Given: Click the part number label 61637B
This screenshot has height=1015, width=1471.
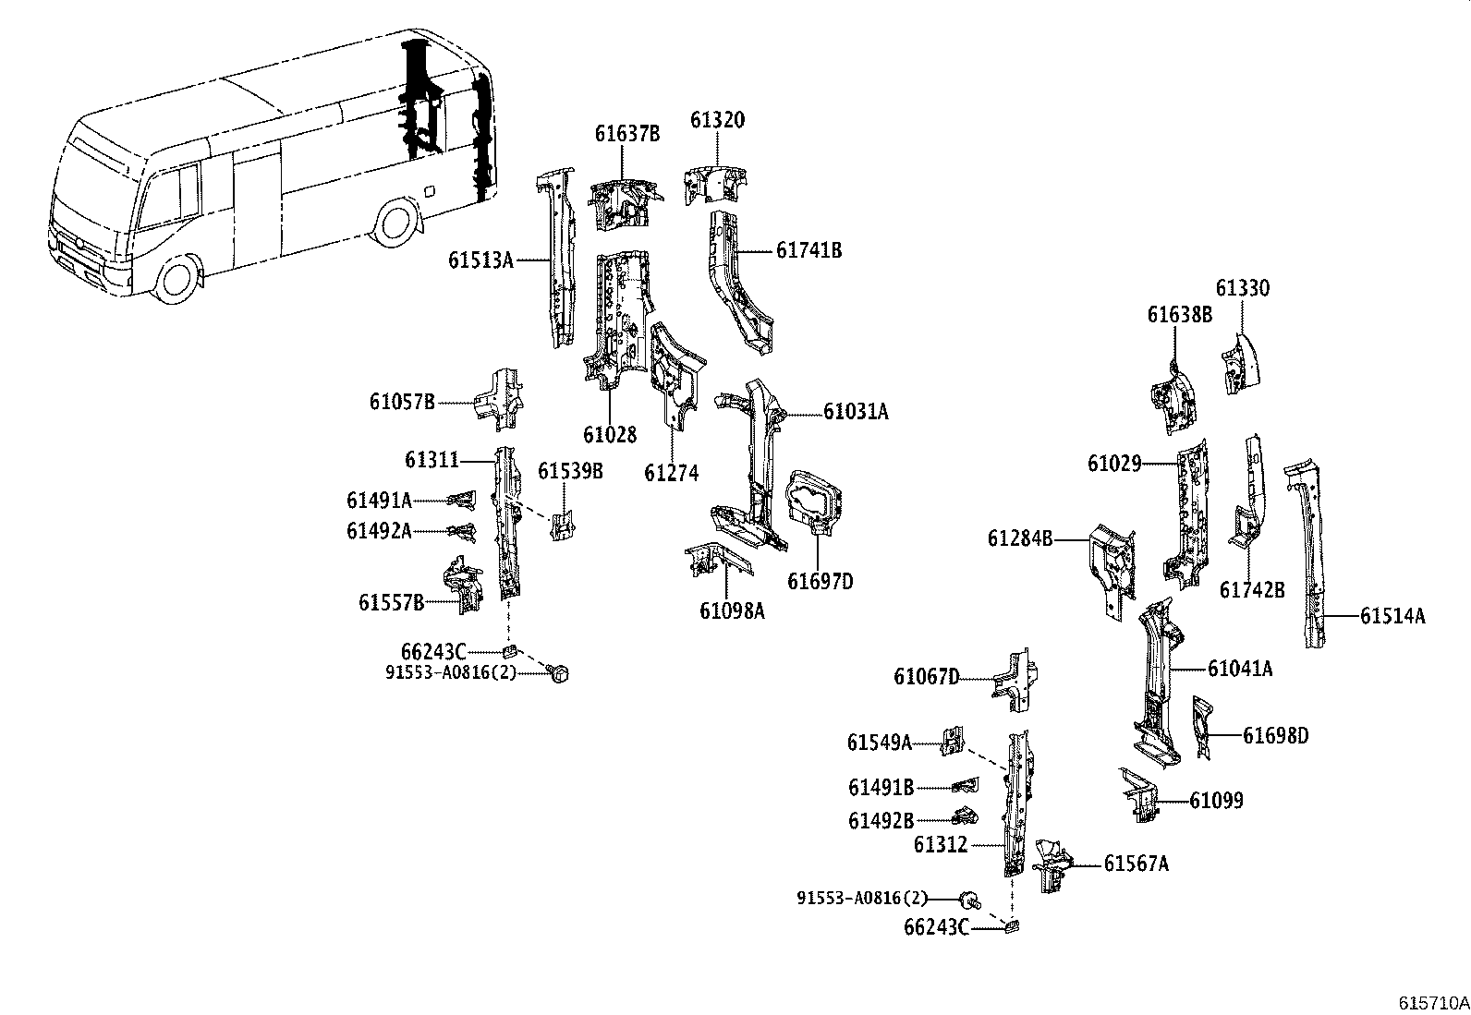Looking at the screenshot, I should (626, 133).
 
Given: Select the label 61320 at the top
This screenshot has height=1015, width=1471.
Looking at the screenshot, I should (717, 120).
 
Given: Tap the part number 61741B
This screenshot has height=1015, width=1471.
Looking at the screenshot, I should (808, 250).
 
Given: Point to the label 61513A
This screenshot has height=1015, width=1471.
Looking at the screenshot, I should (480, 260).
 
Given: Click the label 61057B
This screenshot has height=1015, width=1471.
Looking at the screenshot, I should (402, 402).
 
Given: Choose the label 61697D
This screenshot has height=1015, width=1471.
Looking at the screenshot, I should (820, 581).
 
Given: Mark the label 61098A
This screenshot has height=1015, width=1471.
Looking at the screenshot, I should (732, 610).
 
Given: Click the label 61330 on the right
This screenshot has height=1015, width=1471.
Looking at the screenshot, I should (1242, 288).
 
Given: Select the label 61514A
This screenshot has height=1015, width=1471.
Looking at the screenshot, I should (1392, 615).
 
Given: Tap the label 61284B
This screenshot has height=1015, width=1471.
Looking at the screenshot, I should (1020, 538).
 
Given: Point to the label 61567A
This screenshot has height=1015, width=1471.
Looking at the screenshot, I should (1136, 864).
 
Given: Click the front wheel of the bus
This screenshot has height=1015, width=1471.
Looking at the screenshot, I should (177, 276).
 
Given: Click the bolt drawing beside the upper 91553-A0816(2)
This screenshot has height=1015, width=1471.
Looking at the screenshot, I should (558, 673).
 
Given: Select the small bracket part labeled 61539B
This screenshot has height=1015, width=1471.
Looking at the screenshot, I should (562, 524).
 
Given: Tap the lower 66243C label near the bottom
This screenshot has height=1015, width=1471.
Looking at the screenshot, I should (936, 926).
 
